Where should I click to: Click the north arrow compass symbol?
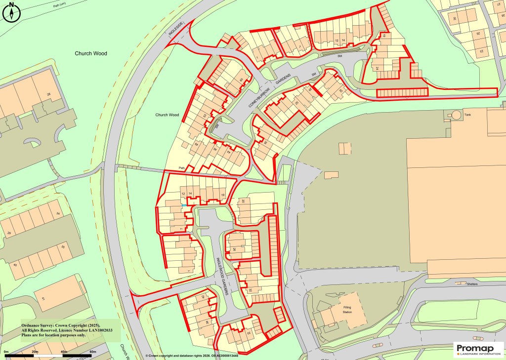click(11, 12)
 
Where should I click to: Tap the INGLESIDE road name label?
click(176, 31)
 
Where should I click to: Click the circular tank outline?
click(455, 116)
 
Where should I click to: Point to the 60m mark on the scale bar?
click(92, 352)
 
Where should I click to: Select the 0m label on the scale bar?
click(7, 352)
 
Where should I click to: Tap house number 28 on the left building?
click(48, 94)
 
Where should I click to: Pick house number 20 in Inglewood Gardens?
click(243, 201)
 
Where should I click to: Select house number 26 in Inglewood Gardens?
click(235, 249)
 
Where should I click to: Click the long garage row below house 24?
click(402, 93)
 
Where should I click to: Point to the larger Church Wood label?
click(91, 53)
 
